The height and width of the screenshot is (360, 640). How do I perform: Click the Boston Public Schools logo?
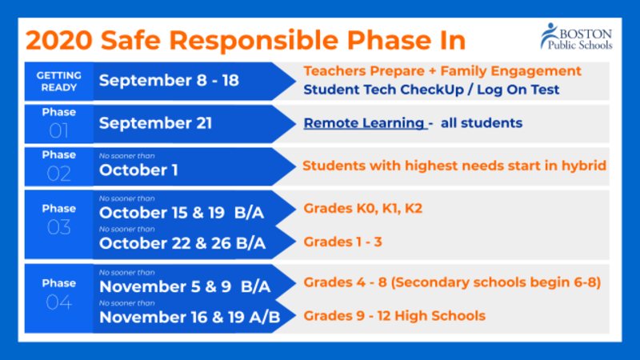tap(575, 36)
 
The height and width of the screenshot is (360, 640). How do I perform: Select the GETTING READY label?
tap(59, 81)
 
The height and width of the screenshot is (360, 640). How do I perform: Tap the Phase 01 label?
tap(59, 123)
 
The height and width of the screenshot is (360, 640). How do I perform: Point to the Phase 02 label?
tap(59, 166)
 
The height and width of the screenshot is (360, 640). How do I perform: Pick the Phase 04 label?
tap(59, 294)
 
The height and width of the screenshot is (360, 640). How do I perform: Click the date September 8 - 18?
tap(169, 82)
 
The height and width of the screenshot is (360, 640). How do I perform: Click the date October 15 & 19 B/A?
tap(181, 214)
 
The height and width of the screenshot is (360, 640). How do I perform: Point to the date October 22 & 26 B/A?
tap(182, 242)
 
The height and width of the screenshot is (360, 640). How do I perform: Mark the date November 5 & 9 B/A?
tap(185, 287)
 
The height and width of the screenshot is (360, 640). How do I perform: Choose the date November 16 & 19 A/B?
tap(190, 318)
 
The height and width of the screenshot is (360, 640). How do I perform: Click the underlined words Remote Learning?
tap(365, 123)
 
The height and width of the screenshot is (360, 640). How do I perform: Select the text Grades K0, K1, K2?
tap(362, 208)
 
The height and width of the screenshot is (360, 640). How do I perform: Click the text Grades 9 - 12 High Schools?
tap(394, 315)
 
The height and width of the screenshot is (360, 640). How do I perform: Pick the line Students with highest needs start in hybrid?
tap(454, 166)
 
